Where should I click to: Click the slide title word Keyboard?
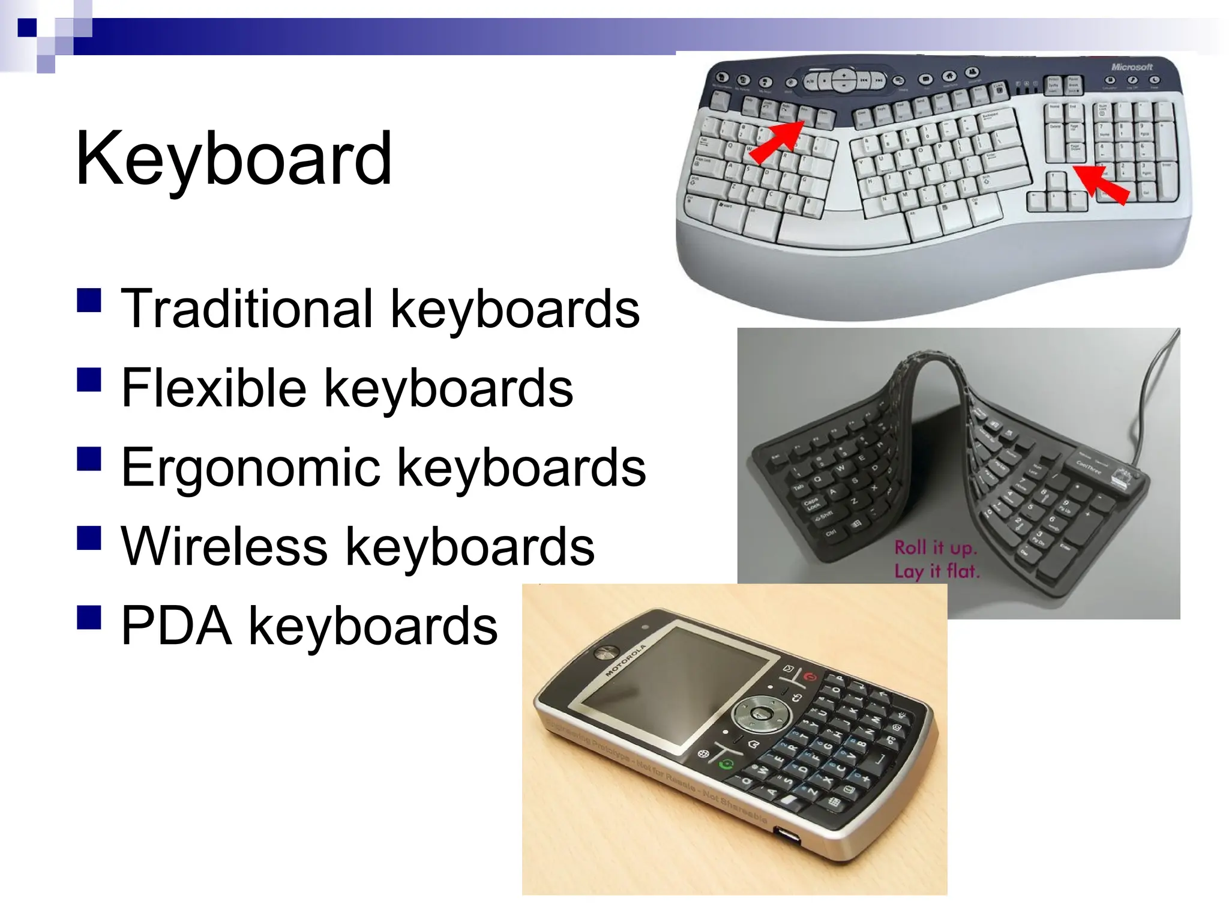(x=233, y=159)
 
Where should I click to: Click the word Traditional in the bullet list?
(x=247, y=309)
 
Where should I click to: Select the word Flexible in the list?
(x=214, y=388)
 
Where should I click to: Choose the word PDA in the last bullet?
(x=176, y=626)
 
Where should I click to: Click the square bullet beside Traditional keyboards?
(x=89, y=300)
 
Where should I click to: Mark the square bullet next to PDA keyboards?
(x=89, y=617)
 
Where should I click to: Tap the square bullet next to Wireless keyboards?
(x=89, y=538)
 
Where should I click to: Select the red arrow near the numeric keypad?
(x=1101, y=184)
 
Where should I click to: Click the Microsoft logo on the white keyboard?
(x=1131, y=67)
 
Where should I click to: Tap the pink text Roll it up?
(x=936, y=547)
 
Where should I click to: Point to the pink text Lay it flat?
(x=937, y=570)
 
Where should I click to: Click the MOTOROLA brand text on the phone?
(x=625, y=660)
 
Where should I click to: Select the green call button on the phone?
(x=727, y=764)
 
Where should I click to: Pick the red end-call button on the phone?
(x=811, y=676)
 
